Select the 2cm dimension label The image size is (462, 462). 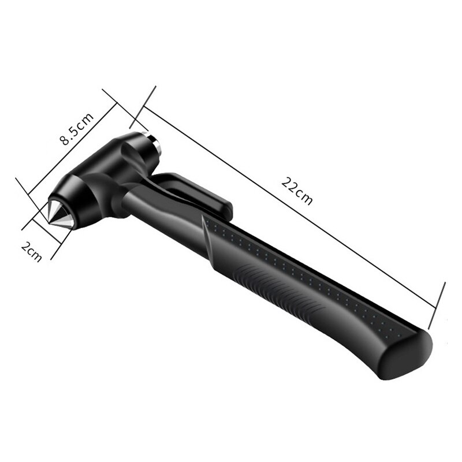[x=32, y=251]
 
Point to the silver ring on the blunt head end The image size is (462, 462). [x=155, y=145]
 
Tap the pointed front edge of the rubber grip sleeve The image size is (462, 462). [x=204, y=217]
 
